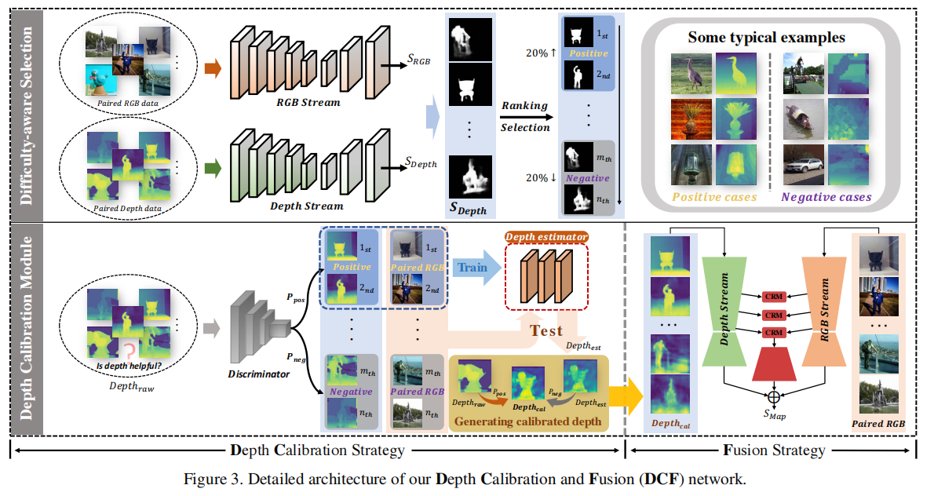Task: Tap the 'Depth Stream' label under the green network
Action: [x=306, y=206]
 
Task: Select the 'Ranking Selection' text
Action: [x=525, y=115]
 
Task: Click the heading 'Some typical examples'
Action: [x=768, y=37]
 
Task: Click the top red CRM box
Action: [x=774, y=297]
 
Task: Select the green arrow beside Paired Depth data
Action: [x=211, y=166]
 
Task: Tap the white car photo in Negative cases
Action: [x=802, y=164]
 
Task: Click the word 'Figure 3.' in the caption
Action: [x=210, y=479]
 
